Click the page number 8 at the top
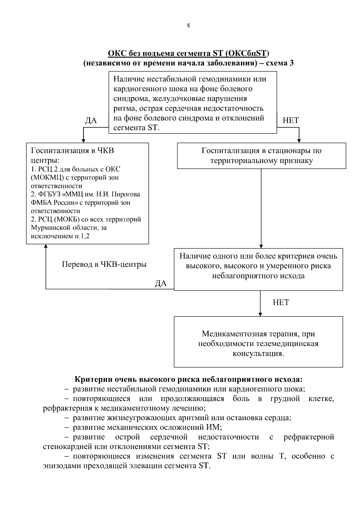coord(188,26)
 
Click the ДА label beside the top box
coord(91,121)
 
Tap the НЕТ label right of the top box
coord(290,121)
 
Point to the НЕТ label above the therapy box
coord(281,303)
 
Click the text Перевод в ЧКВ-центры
coord(104,264)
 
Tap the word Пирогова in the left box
coord(127,194)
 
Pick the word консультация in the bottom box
coord(258,353)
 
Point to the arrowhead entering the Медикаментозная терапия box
coord(260,314)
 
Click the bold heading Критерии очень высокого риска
coord(188,379)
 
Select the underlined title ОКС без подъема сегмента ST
coord(188,54)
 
